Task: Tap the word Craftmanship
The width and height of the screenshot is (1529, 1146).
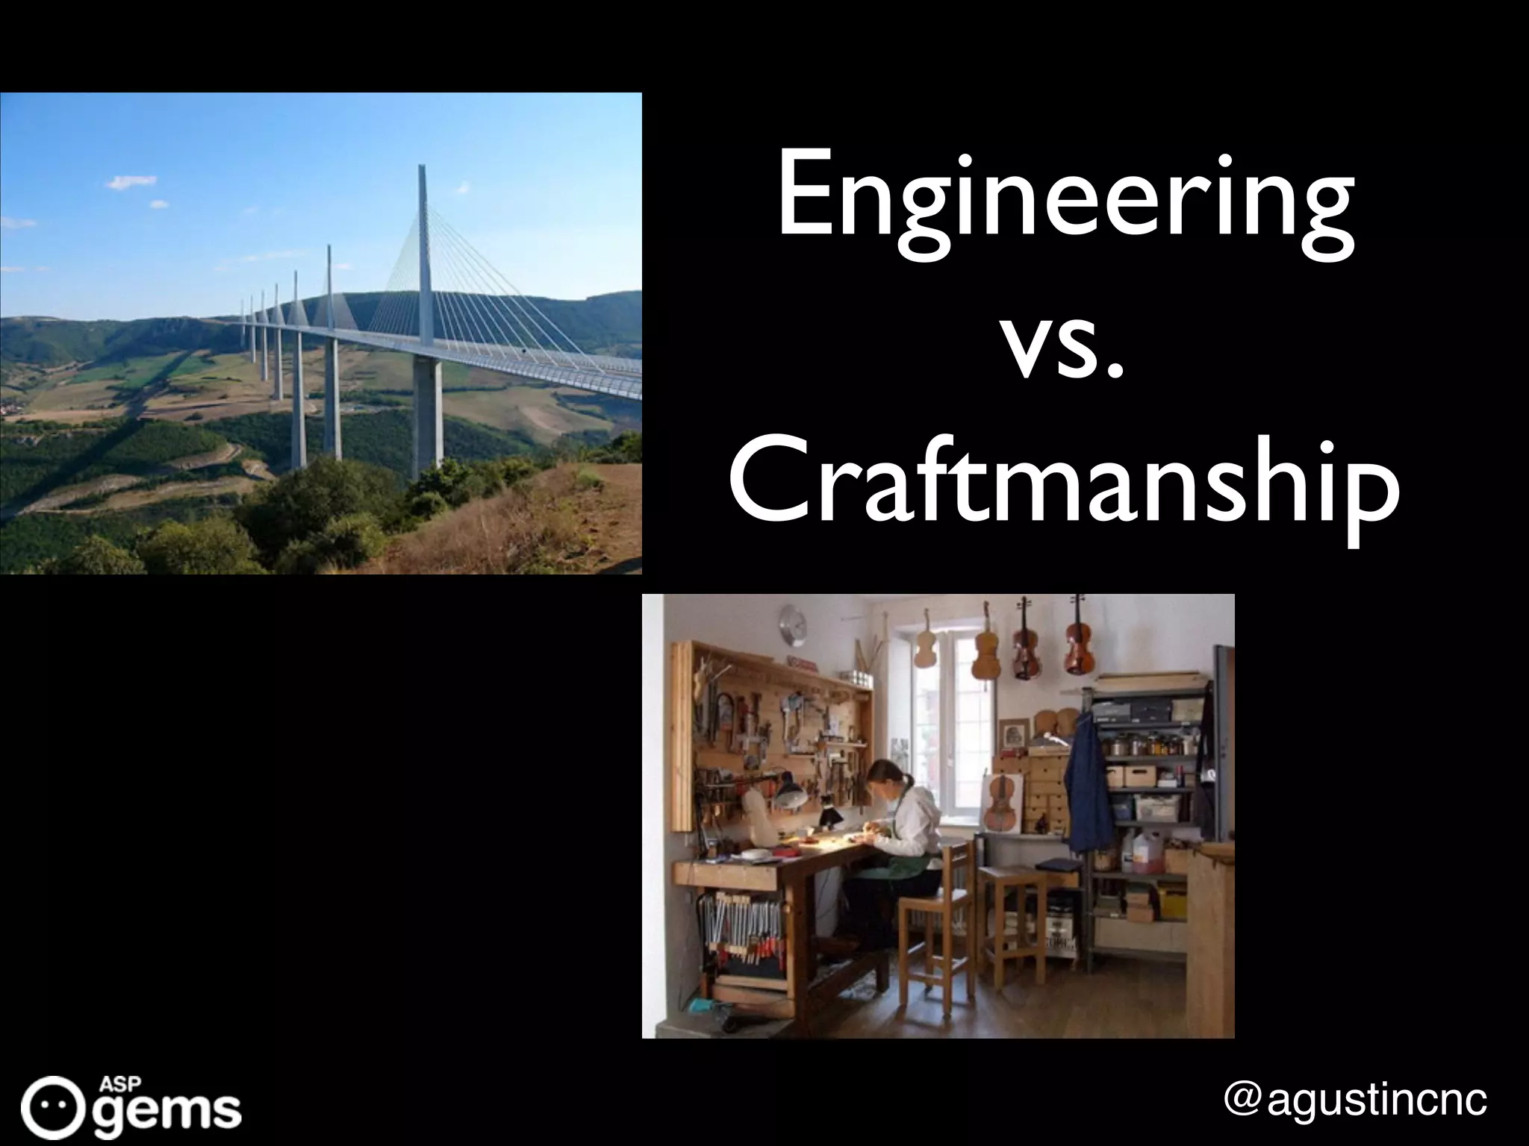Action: [1063, 489]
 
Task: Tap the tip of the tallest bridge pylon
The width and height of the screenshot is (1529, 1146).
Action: [423, 167]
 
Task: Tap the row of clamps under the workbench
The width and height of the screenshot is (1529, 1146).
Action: [739, 933]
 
